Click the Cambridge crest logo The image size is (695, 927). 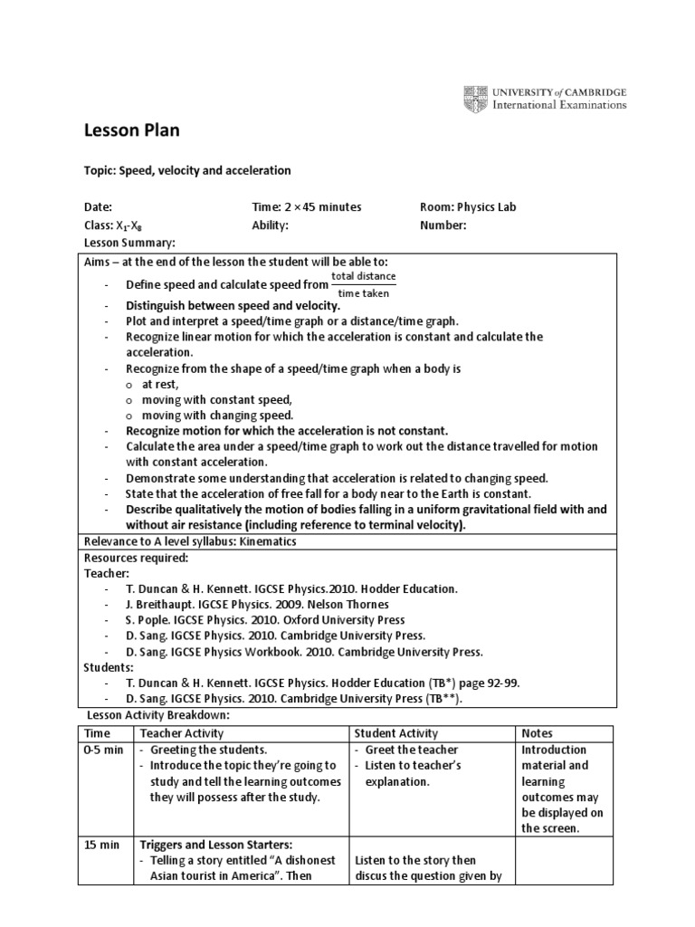pos(475,98)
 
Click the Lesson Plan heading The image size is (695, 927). pos(131,130)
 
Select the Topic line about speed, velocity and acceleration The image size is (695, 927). pos(187,170)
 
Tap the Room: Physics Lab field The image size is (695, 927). pos(468,207)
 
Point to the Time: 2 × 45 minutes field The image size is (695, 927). pos(306,207)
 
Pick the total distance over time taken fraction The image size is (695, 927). pos(363,284)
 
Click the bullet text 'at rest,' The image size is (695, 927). pos(160,385)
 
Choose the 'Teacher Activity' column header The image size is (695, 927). pos(179,733)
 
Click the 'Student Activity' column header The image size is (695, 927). pos(396,733)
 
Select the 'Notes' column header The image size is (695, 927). pos(538,733)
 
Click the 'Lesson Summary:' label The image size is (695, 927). pos(129,244)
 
